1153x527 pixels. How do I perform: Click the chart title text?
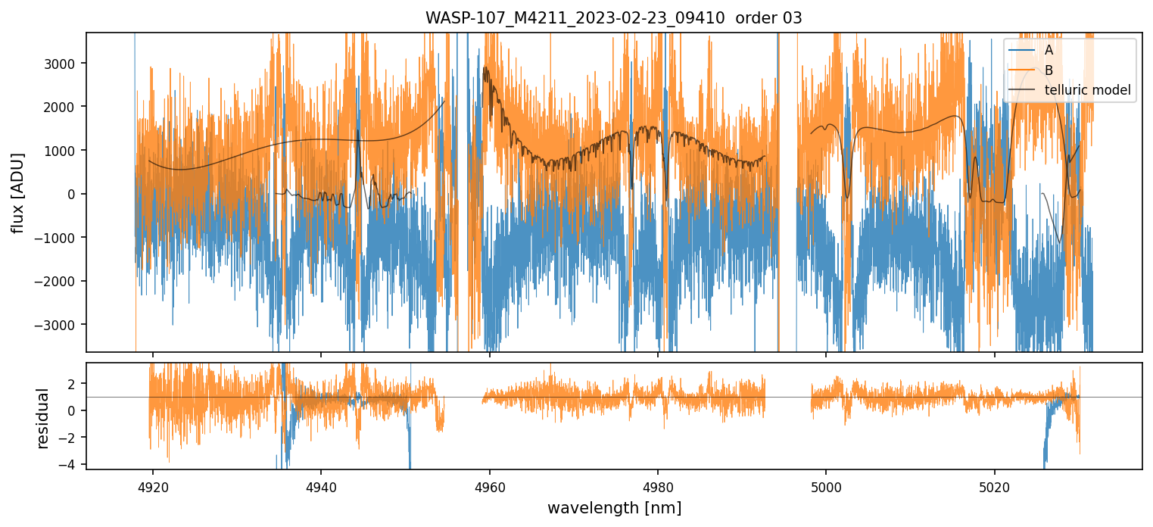613,18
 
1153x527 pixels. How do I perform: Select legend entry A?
1049,50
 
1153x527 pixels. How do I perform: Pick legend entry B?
1049,70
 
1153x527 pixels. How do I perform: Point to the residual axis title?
42,417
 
